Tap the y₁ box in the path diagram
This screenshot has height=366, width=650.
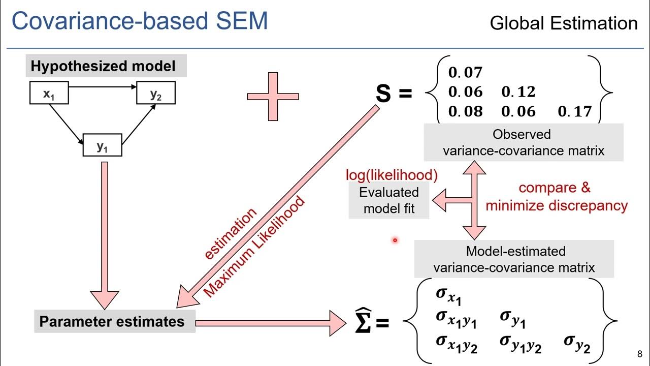pyautogui.click(x=102, y=146)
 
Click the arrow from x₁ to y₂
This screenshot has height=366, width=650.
pyautogui.click(x=102, y=87)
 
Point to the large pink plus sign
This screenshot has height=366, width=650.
pyautogui.click(x=273, y=96)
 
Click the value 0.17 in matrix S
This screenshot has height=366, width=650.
pyautogui.click(x=575, y=111)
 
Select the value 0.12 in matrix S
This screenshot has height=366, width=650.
pyautogui.click(x=518, y=92)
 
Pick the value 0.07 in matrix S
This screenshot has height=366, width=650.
pyautogui.click(x=465, y=73)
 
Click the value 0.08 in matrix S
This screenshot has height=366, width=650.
pyautogui.click(x=465, y=111)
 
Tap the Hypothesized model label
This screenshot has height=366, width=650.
pyautogui.click(x=103, y=66)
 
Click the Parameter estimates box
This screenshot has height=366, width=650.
pyautogui.click(x=112, y=322)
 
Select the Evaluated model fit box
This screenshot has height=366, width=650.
pyautogui.click(x=389, y=201)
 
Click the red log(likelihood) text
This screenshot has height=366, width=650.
pyautogui.click(x=392, y=175)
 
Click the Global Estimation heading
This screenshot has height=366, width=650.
pyautogui.click(x=563, y=23)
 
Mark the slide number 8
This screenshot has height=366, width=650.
pyautogui.click(x=639, y=355)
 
